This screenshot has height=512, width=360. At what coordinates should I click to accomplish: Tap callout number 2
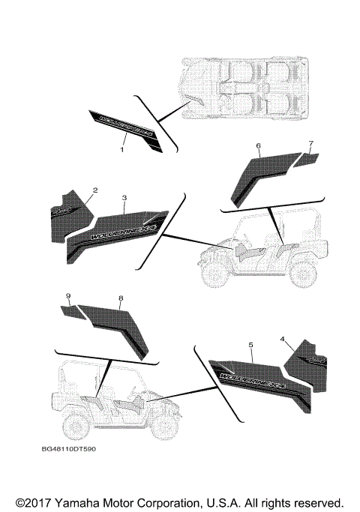point(95,192)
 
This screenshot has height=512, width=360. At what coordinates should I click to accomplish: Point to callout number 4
point(283,339)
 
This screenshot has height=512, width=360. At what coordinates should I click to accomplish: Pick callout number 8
point(120,298)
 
